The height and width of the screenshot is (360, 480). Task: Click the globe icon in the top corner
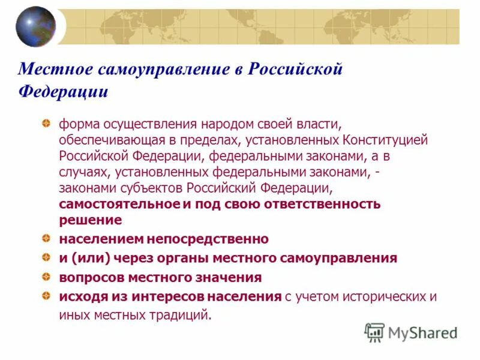pyautogui.click(x=35, y=26)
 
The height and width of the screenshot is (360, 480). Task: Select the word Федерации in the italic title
pyautogui.click(x=63, y=92)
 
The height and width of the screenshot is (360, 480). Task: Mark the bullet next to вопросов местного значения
pyautogui.click(x=46, y=277)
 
